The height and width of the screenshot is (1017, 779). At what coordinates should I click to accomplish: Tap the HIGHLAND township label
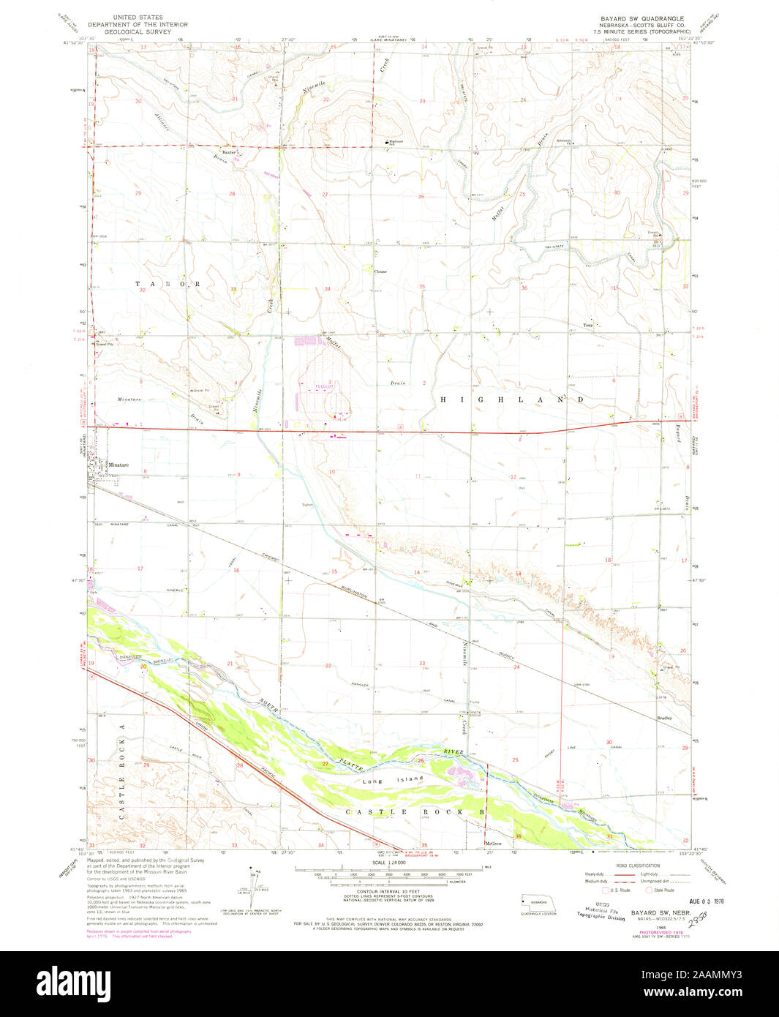pyautogui.click(x=512, y=400)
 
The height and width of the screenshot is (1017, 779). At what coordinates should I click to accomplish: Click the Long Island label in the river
pyautogui.click(x=394, y=780)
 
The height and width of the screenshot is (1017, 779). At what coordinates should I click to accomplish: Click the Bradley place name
pyautogui.click(x=664, y=718)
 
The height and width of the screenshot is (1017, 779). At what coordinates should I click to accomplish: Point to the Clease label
pyautogui.click(x=380, y=271)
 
